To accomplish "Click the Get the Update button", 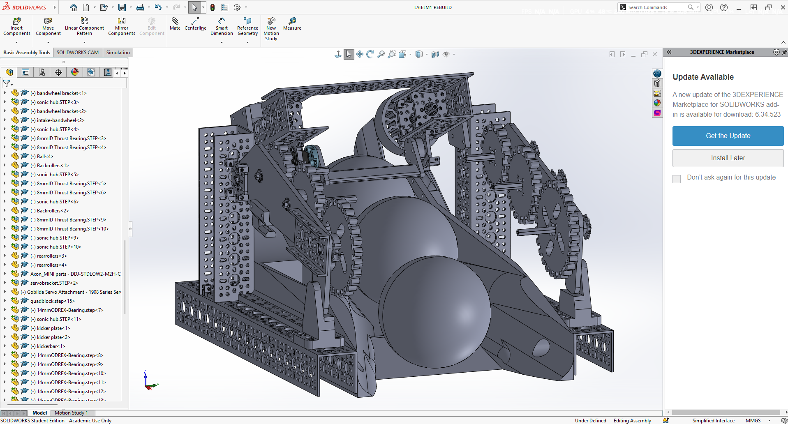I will [728, 136].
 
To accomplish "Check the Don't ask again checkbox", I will [677, 179].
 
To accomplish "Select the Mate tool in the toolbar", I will [175, 23].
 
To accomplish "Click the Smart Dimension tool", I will [222, 27].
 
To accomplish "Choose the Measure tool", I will [292, 23].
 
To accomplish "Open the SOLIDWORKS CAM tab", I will [78, 53].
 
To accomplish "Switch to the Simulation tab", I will [118, 53].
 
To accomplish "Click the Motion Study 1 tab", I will [71, 413].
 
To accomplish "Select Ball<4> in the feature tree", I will [45, 157].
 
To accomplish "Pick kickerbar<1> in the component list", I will [51, 346].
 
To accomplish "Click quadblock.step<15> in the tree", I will [52, 301].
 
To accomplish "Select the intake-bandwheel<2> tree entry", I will [60, 120].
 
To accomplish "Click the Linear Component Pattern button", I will [84, 27].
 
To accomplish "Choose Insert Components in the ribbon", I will [17, 27].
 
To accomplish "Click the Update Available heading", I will [703, 77].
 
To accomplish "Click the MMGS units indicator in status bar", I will [753, 421].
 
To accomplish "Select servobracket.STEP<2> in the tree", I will [54, 283].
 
